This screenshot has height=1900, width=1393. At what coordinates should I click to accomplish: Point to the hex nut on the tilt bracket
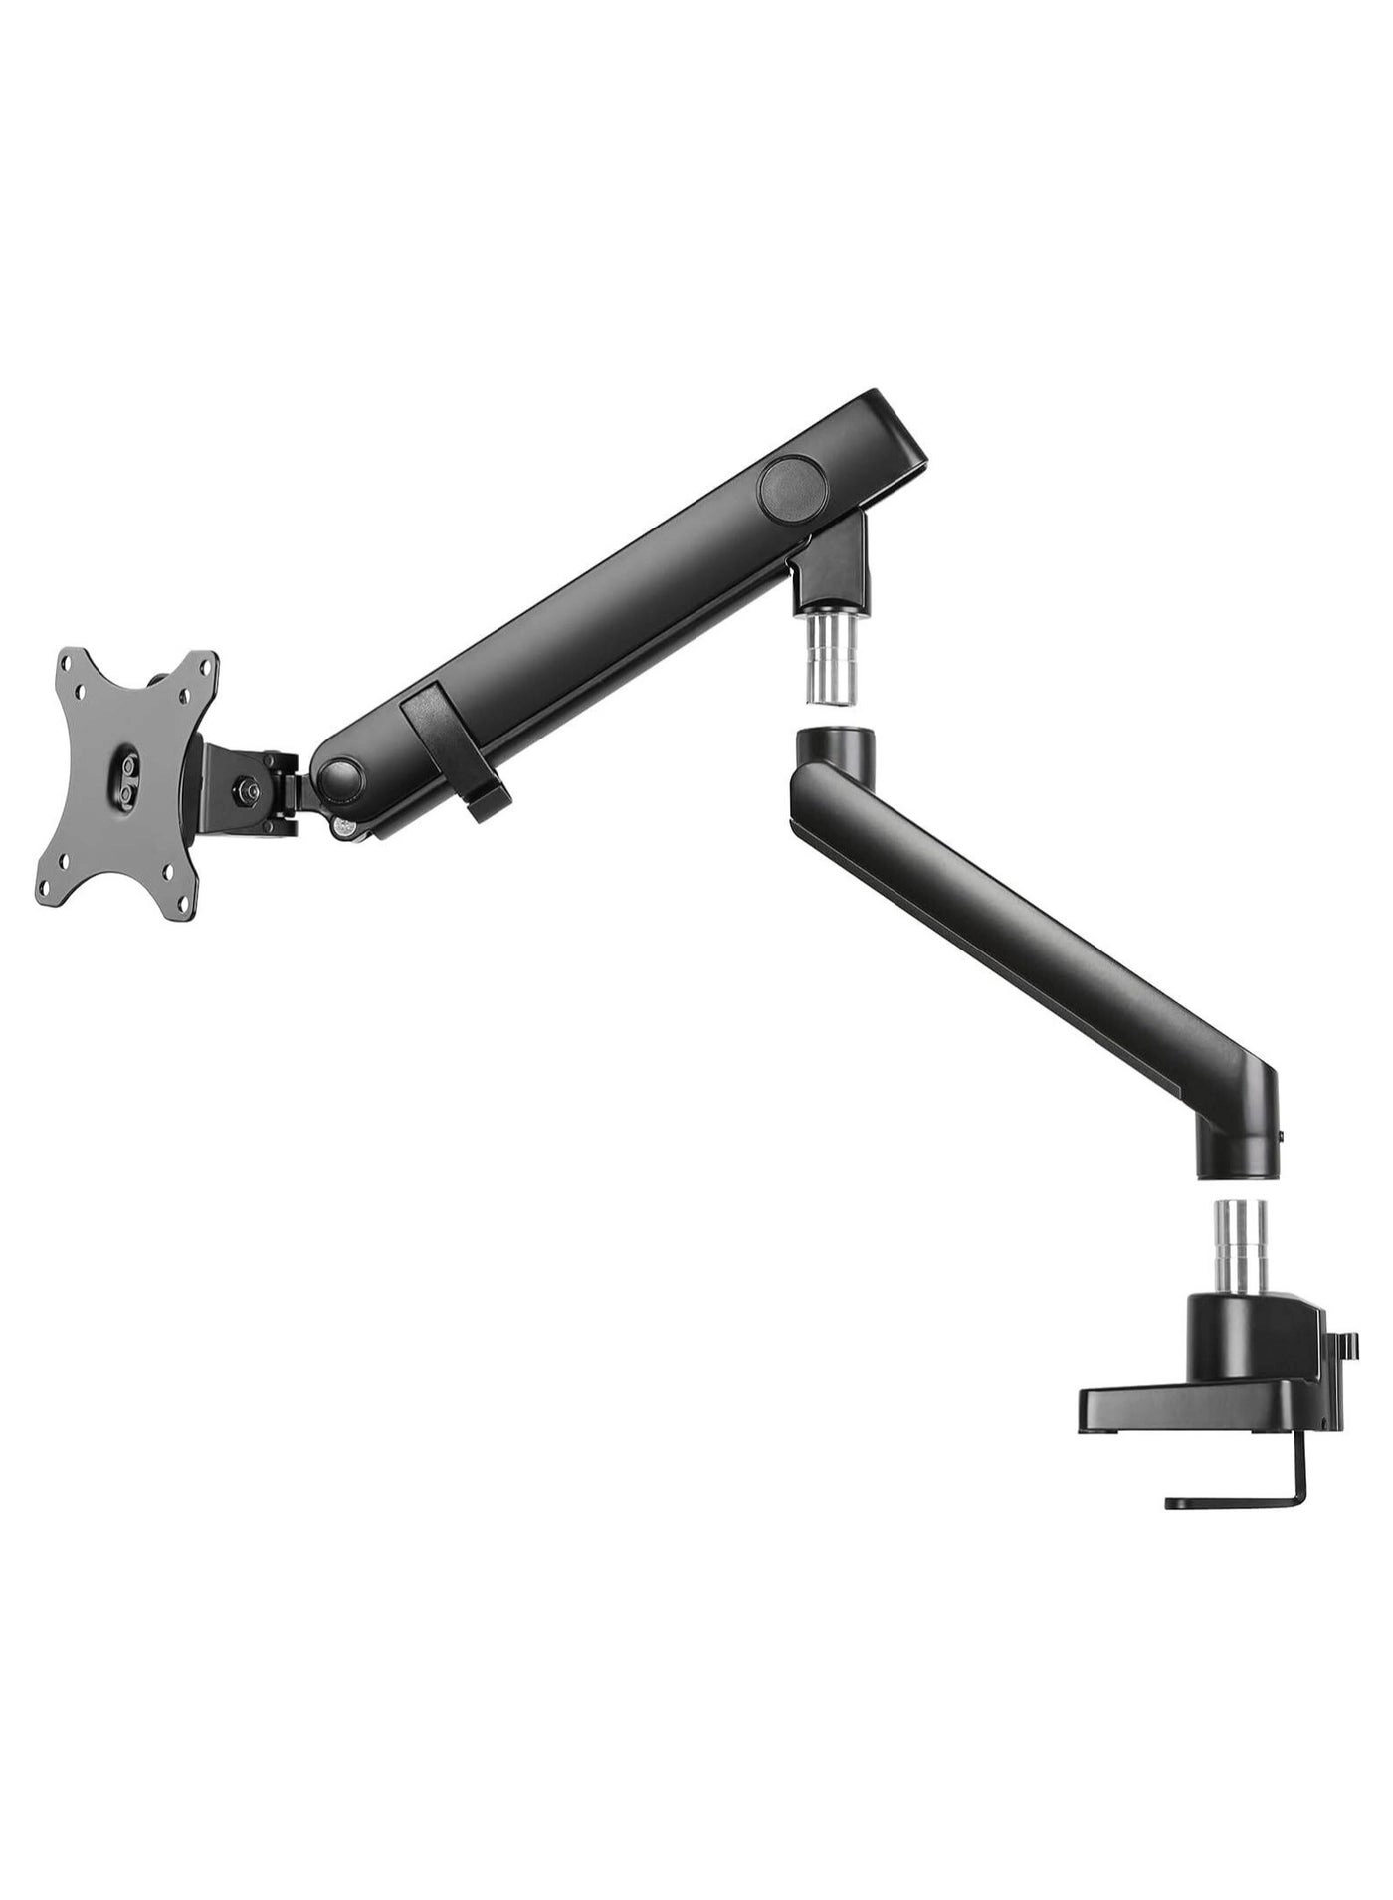click(244, 791)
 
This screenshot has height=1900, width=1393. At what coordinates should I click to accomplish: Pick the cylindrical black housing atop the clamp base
click(1231, 1331)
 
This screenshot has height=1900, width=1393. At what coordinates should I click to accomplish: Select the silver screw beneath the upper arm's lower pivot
click(345, 826)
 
